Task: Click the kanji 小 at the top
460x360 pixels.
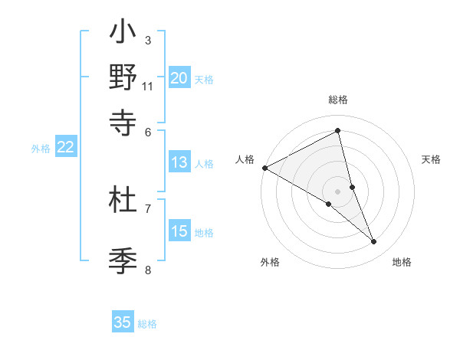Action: coord(123,34)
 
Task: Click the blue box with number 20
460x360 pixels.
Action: coord(179,77)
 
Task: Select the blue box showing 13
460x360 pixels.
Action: coord(179,162)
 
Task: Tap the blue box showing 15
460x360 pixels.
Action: coord(179,231)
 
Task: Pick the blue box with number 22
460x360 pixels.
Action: coord(66,147)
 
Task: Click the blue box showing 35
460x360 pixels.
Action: coord(123,322)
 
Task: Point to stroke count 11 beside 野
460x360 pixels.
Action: coord(148,86)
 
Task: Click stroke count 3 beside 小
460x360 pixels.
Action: coord(148,40)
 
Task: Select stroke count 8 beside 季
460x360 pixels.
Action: coord(148,270)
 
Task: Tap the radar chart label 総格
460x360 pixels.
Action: coord(338,100)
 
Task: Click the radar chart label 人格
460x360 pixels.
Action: coord(245,159)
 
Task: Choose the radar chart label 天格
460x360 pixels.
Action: coord(432,159)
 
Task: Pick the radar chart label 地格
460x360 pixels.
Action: coord(402,262)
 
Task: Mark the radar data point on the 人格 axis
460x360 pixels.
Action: coord(264,167)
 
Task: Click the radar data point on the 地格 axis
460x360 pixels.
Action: coord(374,242)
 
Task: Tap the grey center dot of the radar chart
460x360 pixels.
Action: coord(338,191)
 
